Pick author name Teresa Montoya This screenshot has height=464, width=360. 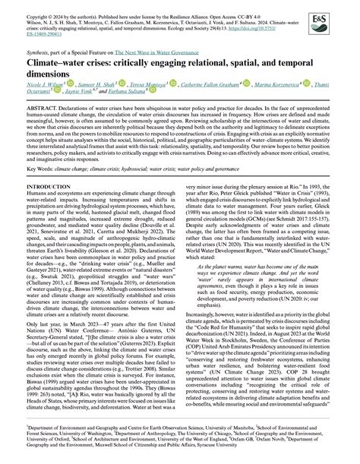163,87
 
